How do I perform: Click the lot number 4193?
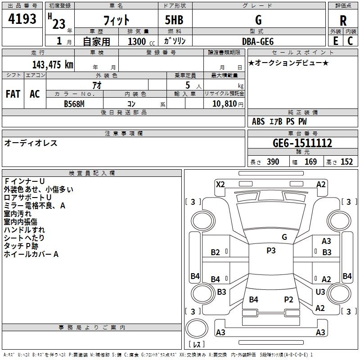click(x=22, y=19)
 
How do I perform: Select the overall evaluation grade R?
click(x=343, y=20)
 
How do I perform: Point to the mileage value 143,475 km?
click(x=53, y=64)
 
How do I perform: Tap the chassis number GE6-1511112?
click(x=302, y=143)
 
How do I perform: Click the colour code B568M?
click(x=74, y=103)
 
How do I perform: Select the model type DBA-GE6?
click(x=257, y=41)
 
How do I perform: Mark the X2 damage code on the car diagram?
click(x=220, y=184)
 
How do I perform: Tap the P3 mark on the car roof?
click(x=271, y=251)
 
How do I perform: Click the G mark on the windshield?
click(x=284, y=237)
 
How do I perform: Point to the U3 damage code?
click(x=320, y=292)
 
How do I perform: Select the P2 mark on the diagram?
click(x=288, y=299)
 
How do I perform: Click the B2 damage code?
click(x=216, y=252)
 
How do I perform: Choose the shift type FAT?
click(x=13, y=94)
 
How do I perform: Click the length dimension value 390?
click(x=273, y=162)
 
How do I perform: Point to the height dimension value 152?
click(x=346, y=162)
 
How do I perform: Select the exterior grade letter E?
click(x=335, y=41)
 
